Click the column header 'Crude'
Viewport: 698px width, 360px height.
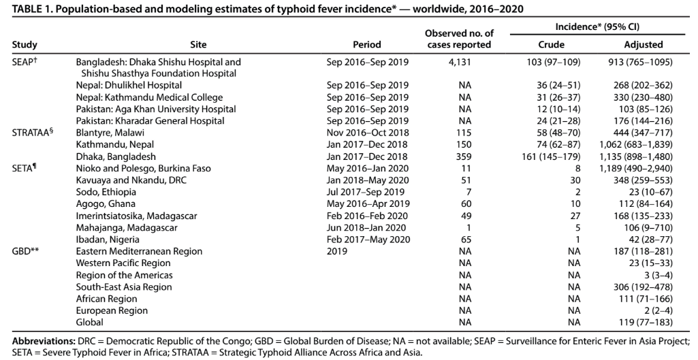tap(551, 44)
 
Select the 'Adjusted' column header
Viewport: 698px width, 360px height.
tap(644, 44)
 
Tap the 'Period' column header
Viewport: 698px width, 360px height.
tap(367, 44)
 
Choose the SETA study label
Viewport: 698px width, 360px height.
tap(24, 168)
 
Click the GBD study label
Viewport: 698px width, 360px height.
tap(25, 251)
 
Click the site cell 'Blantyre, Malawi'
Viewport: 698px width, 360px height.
tap(110, 133)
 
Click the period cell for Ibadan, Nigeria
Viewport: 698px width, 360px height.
tap(368, 240)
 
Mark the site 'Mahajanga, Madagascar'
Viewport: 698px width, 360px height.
tap(127, 227)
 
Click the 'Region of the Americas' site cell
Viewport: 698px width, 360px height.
tap(124, 275)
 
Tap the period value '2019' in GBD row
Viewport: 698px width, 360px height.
tap(336, 251)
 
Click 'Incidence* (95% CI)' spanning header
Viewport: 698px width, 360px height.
tap(597, 27)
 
